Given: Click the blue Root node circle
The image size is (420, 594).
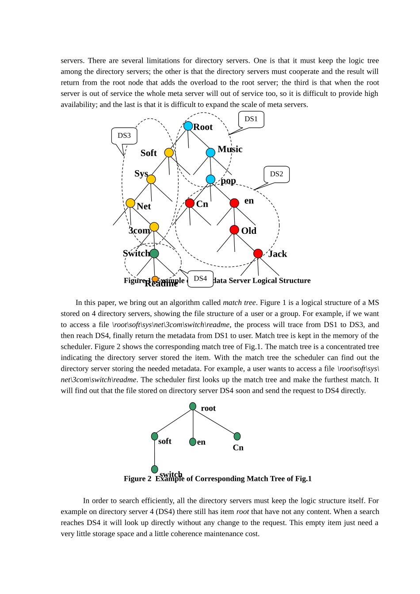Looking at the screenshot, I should pos(188,126).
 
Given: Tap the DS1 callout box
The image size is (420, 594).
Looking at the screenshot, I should pos(251,119).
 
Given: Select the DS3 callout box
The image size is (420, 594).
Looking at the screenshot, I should pos(124,136).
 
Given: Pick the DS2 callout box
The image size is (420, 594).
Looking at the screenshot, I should pos(276,174).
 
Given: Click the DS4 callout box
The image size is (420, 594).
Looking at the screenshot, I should pos(200,279).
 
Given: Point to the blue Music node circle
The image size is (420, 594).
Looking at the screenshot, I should pos(210,152).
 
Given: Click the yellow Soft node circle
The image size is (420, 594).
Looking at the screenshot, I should pos(169,152).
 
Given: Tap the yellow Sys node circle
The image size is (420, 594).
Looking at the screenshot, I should pos(151,179).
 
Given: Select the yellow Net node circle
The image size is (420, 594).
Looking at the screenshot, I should pos(130,203).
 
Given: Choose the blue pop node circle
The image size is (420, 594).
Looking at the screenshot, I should pos(210,179).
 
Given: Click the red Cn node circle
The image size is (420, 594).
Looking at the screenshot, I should pos(190,203).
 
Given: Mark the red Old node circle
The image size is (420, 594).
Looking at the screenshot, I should pos(234,230).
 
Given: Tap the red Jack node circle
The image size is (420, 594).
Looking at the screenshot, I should pos(258,253).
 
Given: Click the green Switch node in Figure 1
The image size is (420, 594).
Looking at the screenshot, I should pos(154,253).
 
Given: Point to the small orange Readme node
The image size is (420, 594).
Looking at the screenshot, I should pos(155,279).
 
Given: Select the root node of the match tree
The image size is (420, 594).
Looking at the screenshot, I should pos(193,406).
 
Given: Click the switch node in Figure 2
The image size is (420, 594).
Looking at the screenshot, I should pos(155,469).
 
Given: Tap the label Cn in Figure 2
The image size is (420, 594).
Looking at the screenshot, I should pos(238,448).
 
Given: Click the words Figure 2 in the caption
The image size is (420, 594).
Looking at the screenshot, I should pos(137,479).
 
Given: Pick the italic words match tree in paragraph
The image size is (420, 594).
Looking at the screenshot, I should pos(239,303).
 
